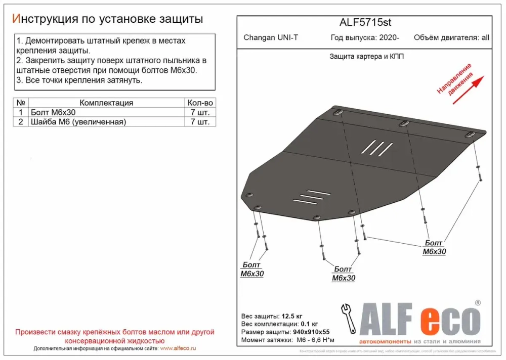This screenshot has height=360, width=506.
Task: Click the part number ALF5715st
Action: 364,23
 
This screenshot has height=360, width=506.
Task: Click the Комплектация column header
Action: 106,103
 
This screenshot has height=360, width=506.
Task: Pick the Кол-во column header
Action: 200,103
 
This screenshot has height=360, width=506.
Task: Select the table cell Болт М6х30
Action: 53,112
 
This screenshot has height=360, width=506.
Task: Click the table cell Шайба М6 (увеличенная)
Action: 78,122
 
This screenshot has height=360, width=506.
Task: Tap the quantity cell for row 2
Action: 200,122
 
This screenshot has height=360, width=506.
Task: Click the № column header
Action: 20,103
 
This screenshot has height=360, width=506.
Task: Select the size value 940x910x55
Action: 313,332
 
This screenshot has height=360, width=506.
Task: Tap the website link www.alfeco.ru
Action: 178,349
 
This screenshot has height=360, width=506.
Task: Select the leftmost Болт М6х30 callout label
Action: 252,269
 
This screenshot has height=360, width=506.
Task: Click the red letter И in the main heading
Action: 16,19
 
